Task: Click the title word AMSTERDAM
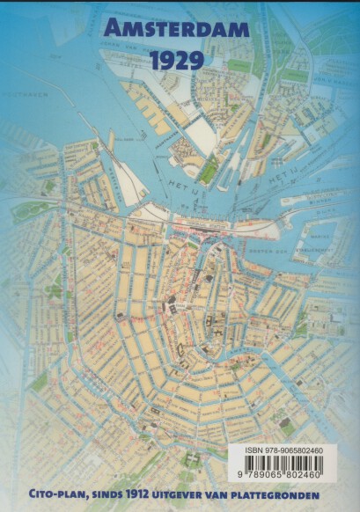tap(179, 33)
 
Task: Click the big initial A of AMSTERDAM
tap(111, 33)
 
